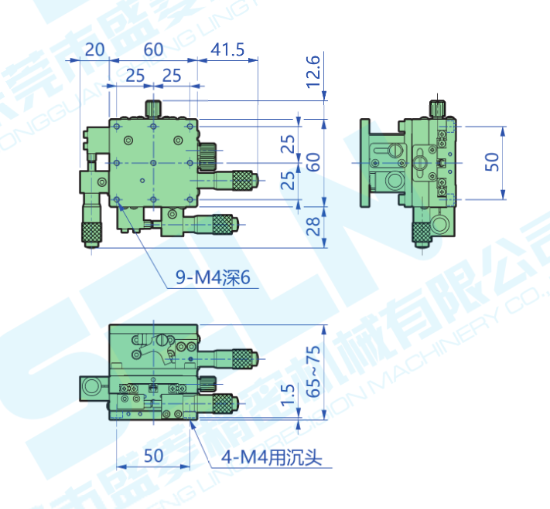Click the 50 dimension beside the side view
click(492, 161)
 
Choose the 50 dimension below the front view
click(153, 456)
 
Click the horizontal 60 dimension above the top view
click(153, 49)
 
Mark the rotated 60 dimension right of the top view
click(313, 162)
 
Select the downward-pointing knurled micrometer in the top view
click(92, 232)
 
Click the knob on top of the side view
click(438, 107)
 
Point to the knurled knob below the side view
click(422, 232)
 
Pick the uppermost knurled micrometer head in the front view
click(242, 358)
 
